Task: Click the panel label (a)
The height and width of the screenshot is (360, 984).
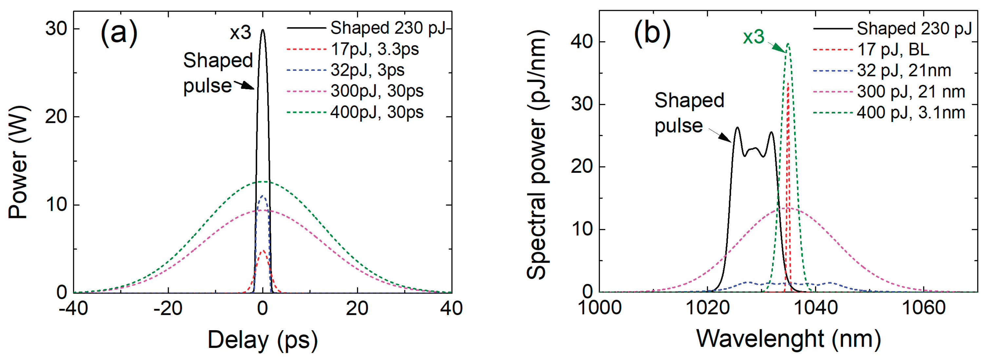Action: click(119, 33)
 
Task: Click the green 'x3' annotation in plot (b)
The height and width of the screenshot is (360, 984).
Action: click(753, 37)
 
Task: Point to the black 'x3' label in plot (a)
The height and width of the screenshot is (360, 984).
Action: click(240, 33)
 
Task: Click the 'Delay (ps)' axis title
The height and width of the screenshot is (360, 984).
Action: click(262, 339)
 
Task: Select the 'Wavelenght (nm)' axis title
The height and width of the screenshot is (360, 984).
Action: click(788, 339)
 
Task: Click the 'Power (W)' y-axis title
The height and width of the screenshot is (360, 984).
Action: click(18, 162)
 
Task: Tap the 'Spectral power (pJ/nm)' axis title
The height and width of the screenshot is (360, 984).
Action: click(538, 155)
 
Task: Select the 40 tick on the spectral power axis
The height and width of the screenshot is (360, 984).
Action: click(582, 42)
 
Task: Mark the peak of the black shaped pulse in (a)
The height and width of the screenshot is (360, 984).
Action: click(263, 30)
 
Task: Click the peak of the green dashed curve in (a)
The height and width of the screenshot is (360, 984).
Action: click(263, 182)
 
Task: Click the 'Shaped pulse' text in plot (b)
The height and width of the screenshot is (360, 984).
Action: click(689, 113)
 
